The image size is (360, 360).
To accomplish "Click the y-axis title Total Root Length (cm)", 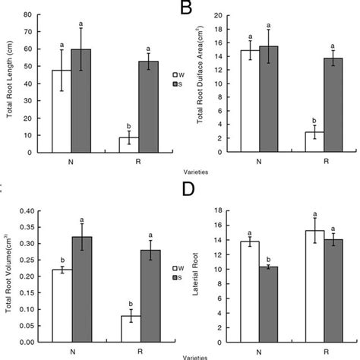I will (x=8, y=84).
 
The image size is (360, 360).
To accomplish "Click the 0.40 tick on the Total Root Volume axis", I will (x=24, y=210).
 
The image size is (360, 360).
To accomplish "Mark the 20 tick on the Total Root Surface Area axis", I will (x=216, y=15).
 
